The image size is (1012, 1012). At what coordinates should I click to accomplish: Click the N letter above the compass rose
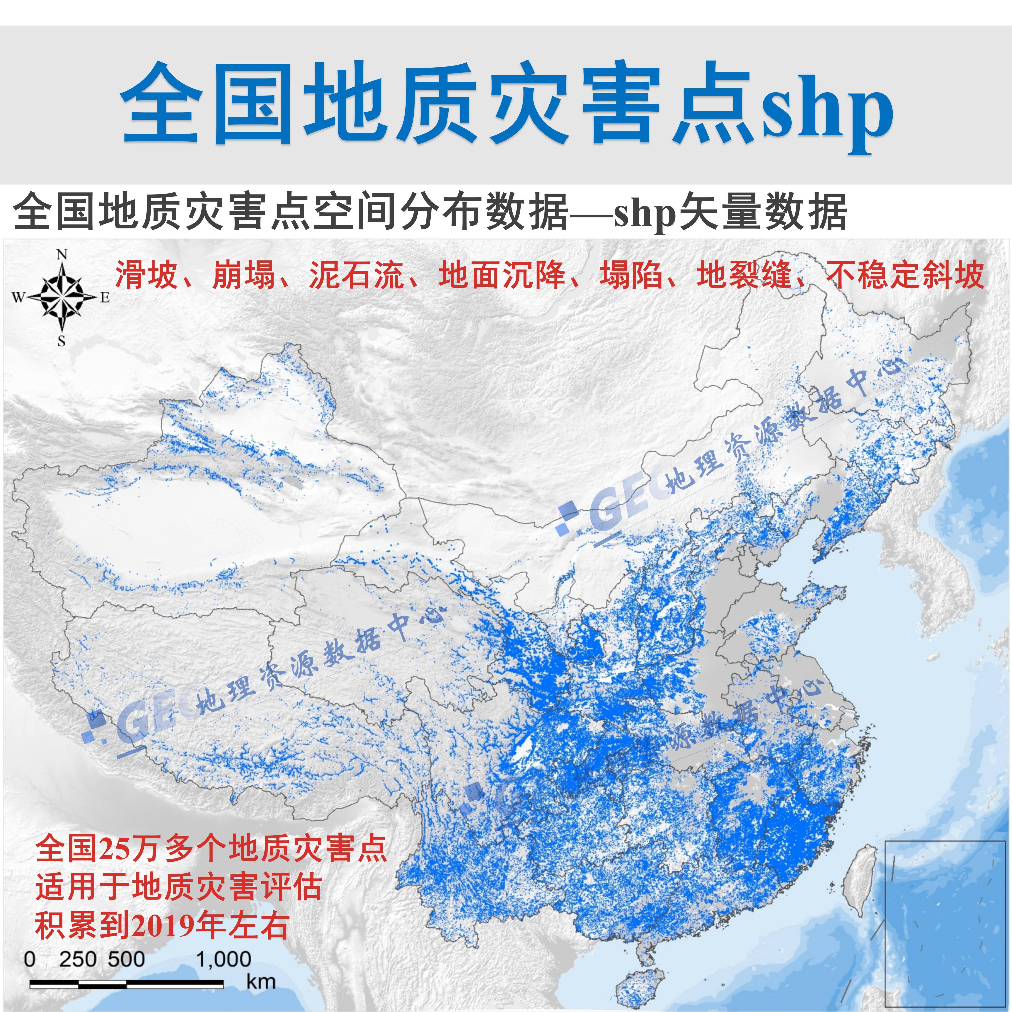[62, 255]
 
